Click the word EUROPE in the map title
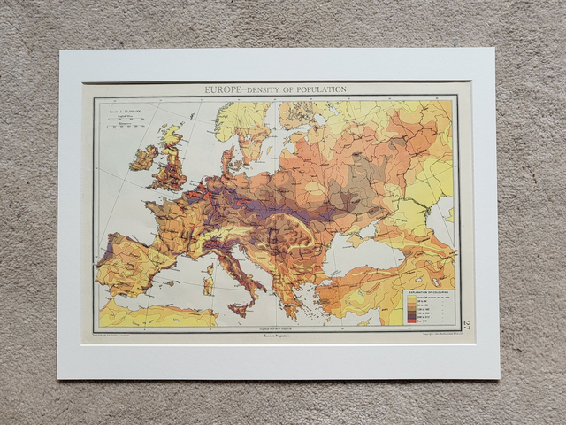[225, 89]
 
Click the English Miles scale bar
[125, 121]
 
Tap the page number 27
[466, 326]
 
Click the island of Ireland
[143, 158]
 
